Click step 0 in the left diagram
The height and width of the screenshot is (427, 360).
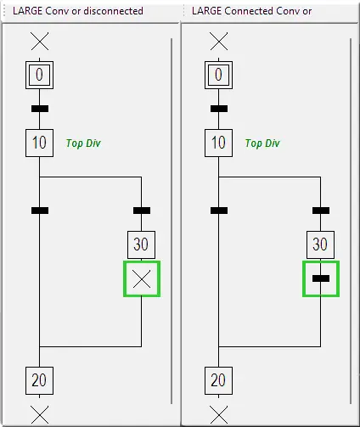(x=39, y=75)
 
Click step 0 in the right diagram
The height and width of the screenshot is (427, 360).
(x=218, y=75)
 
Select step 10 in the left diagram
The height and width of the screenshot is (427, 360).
(x=39, y=143)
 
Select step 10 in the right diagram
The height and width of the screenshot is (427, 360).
(x=218, y=143)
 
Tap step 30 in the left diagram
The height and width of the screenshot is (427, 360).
(x=141, y=244)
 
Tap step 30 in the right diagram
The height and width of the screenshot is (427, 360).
(x=320, y=244)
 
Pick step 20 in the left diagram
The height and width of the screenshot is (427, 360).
(x=39, y=380)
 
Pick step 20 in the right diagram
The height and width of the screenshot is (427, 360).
(x=218, y=380)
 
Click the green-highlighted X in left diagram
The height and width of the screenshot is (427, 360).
(x=142, y=279)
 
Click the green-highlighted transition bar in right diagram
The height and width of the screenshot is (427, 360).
(x=321, y=278)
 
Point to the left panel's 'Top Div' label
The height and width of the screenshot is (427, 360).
(x=83, y=143)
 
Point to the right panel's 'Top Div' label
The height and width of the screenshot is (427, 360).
(x=262, y=143)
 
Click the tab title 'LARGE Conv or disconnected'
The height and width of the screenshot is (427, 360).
(x=78, y=11)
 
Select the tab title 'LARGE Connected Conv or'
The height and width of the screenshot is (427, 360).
(x=251, y=11)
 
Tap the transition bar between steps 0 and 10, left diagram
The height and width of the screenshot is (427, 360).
(x=40, y=109)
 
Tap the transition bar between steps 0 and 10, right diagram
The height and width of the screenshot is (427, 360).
(x=219, y=109)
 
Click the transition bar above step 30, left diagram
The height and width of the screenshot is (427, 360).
(x=142, y=211)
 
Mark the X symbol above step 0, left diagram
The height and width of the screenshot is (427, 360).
(x=40, y=42)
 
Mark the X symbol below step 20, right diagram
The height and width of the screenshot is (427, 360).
(x=219, y=415)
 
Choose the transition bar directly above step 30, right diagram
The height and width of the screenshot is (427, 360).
(x=321, y=211)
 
